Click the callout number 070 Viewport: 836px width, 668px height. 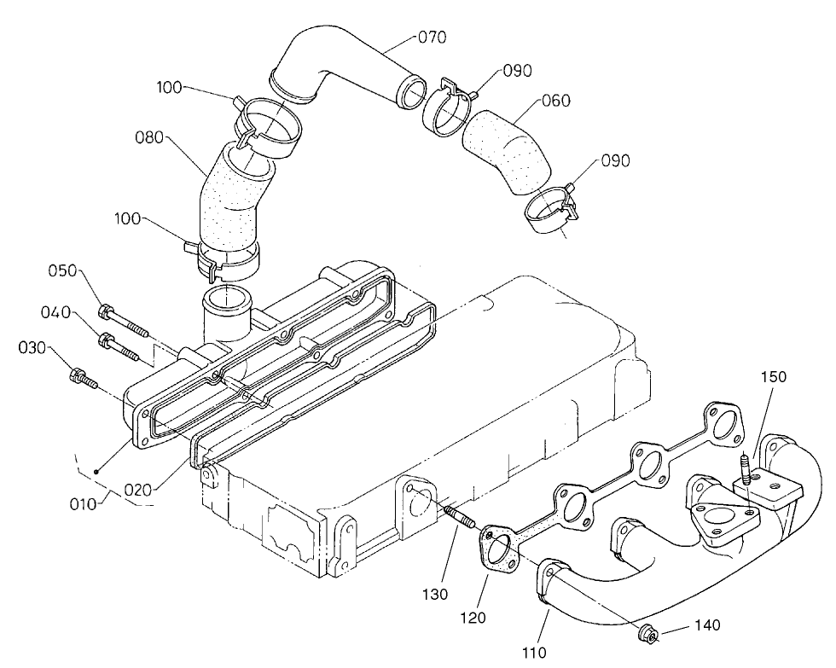(432, 38)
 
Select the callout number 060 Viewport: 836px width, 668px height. (555, 101)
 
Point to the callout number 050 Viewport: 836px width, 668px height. (62, 271)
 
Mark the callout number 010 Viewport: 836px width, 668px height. (84, 503)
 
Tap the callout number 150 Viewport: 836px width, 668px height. (774, 376)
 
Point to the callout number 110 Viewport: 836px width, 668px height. (534, 654)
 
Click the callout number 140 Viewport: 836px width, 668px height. (707, 625)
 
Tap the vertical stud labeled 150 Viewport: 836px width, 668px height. (746, 470)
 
